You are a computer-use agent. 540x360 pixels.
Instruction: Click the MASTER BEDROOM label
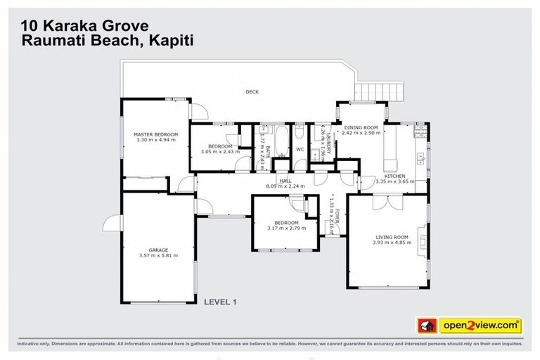coord(156,134)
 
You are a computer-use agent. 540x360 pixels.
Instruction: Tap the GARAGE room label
coord(157,250)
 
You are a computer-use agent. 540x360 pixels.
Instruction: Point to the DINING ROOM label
coord(361,127)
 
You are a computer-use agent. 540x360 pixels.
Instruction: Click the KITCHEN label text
coord(394,176)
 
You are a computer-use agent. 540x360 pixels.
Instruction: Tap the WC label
coord(300,149)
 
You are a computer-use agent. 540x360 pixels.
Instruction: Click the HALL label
coord(285,181)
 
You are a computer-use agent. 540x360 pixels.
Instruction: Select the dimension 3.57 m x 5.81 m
coord(157,255)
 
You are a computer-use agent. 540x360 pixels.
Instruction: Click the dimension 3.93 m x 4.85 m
coord(390,243)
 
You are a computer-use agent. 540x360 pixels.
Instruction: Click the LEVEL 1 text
coord(219,302)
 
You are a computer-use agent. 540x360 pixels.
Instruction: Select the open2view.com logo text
coord(480,326)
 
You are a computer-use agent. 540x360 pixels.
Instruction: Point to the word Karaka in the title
coord(78,24)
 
